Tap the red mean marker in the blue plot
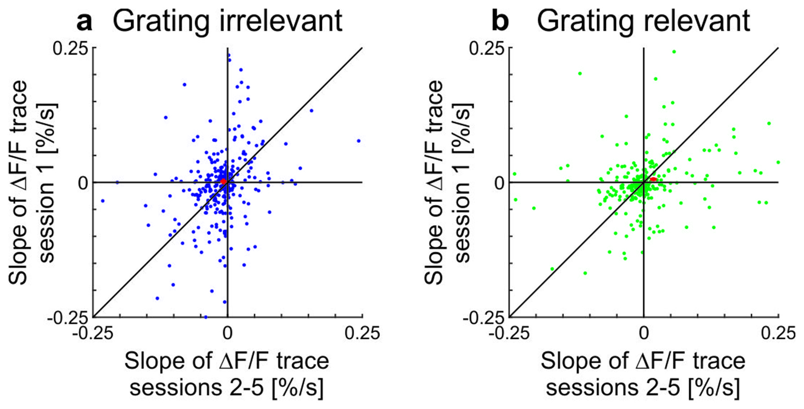pyautogui.click(x=223, y=181)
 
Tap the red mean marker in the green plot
pyautogui.click(x=653, y=179)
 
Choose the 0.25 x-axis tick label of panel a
pyautogui.click(x=362, y=333)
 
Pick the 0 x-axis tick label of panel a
pyautogui.click(x=228, y=333)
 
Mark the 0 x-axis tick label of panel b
pyautogui.click(x=644, y=333)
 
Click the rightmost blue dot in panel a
pyautogui.click(x=359, y=141)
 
